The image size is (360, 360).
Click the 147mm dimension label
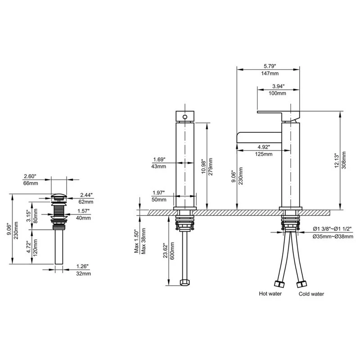click(x=270, y=73)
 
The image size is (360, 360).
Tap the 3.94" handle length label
click(x=278, y=86)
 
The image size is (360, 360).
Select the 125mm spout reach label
click(x=264, y=154)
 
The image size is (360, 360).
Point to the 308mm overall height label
click(x=344, y=160)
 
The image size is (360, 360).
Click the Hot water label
click(x=270, y=294)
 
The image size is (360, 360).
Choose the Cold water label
click(x=311, y=294)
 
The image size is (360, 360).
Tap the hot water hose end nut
click(x=279, y=284)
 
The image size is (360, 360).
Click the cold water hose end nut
click(x=301, y=284)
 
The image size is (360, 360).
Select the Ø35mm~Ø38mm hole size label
click(x=333, y=237)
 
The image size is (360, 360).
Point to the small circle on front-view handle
click(x=185, y=117)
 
